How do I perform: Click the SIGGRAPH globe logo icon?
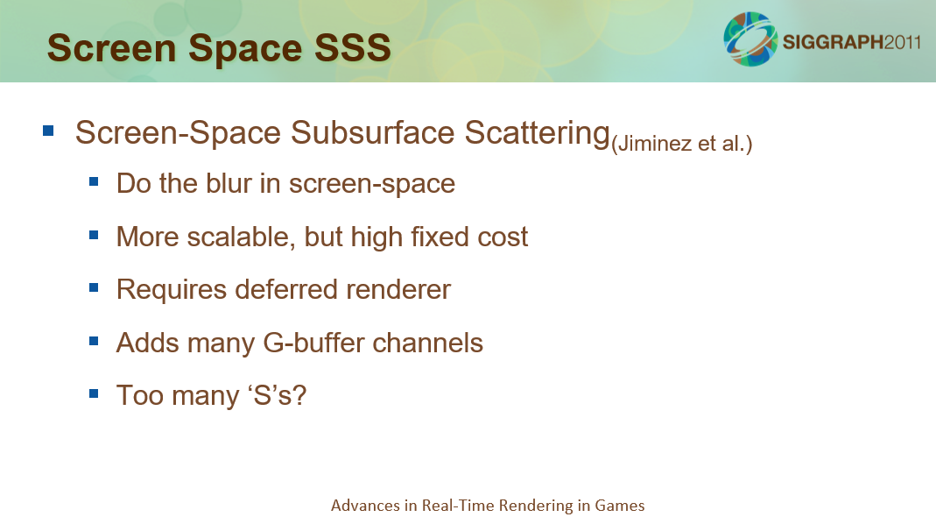pos(750,39)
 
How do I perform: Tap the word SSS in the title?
pos(353,48)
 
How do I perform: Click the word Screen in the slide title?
pos(111,48)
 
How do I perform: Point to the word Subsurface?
pos(372,132)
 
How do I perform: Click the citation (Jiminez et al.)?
pos(682,144)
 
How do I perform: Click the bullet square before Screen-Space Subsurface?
pos(48,131)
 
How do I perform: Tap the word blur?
pos(229,183)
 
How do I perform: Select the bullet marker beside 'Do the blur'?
pos(94,181)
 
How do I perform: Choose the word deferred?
pos(286,290)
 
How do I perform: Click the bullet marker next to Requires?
pos(94,288)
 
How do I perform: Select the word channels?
pos(428,343)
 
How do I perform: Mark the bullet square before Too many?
pos(94,393)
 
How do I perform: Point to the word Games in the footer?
pos(620,506)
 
